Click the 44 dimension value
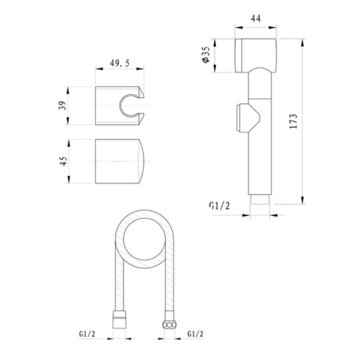[256, 19]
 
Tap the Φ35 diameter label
[206, 55]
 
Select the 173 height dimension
[293, 121]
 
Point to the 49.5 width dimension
[120, 63]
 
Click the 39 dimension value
[62, 106]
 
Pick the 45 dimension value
[63, 161]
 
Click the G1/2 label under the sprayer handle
[220, 206]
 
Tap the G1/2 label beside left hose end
[87, 334]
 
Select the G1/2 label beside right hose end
[195, 334]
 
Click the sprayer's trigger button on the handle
[247, 117]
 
